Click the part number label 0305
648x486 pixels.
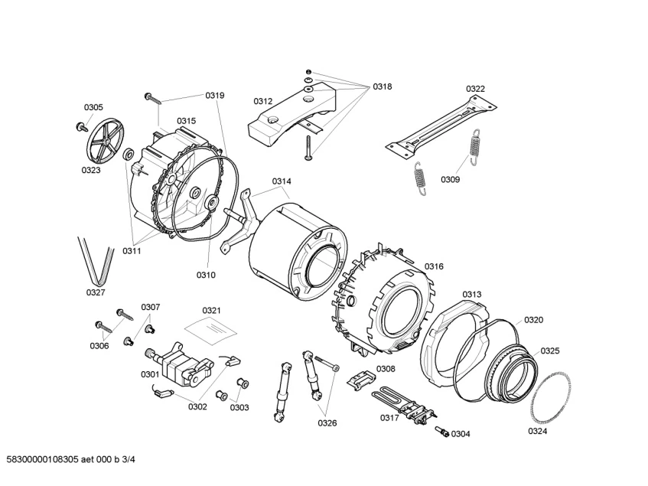pyautogui.click(x=93, y=108)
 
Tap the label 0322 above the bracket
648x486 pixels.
pyautogui.click(x=476, y=89)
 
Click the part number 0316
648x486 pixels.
pyautogui.click(x=434, y=266)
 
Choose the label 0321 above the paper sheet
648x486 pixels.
pyautogui.click(x=212, y=310)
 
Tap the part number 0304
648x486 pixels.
pyautogui.click(x=461, y=434)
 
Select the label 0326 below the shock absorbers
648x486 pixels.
pyautogui.click(x=327, y=422)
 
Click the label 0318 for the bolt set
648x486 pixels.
pyautogui.click(x=383, y=87)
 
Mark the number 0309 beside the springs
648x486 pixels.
pyautogui.click(x=450, y=180)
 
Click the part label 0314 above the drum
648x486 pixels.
pyautogui.click(x=282, y=181)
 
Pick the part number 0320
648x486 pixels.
pyautogui.click(x=533, y=320)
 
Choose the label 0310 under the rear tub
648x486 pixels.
pyautogui.click(x=206, y=275)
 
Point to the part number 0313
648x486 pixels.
pyautogui.click(x=472, y=295)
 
